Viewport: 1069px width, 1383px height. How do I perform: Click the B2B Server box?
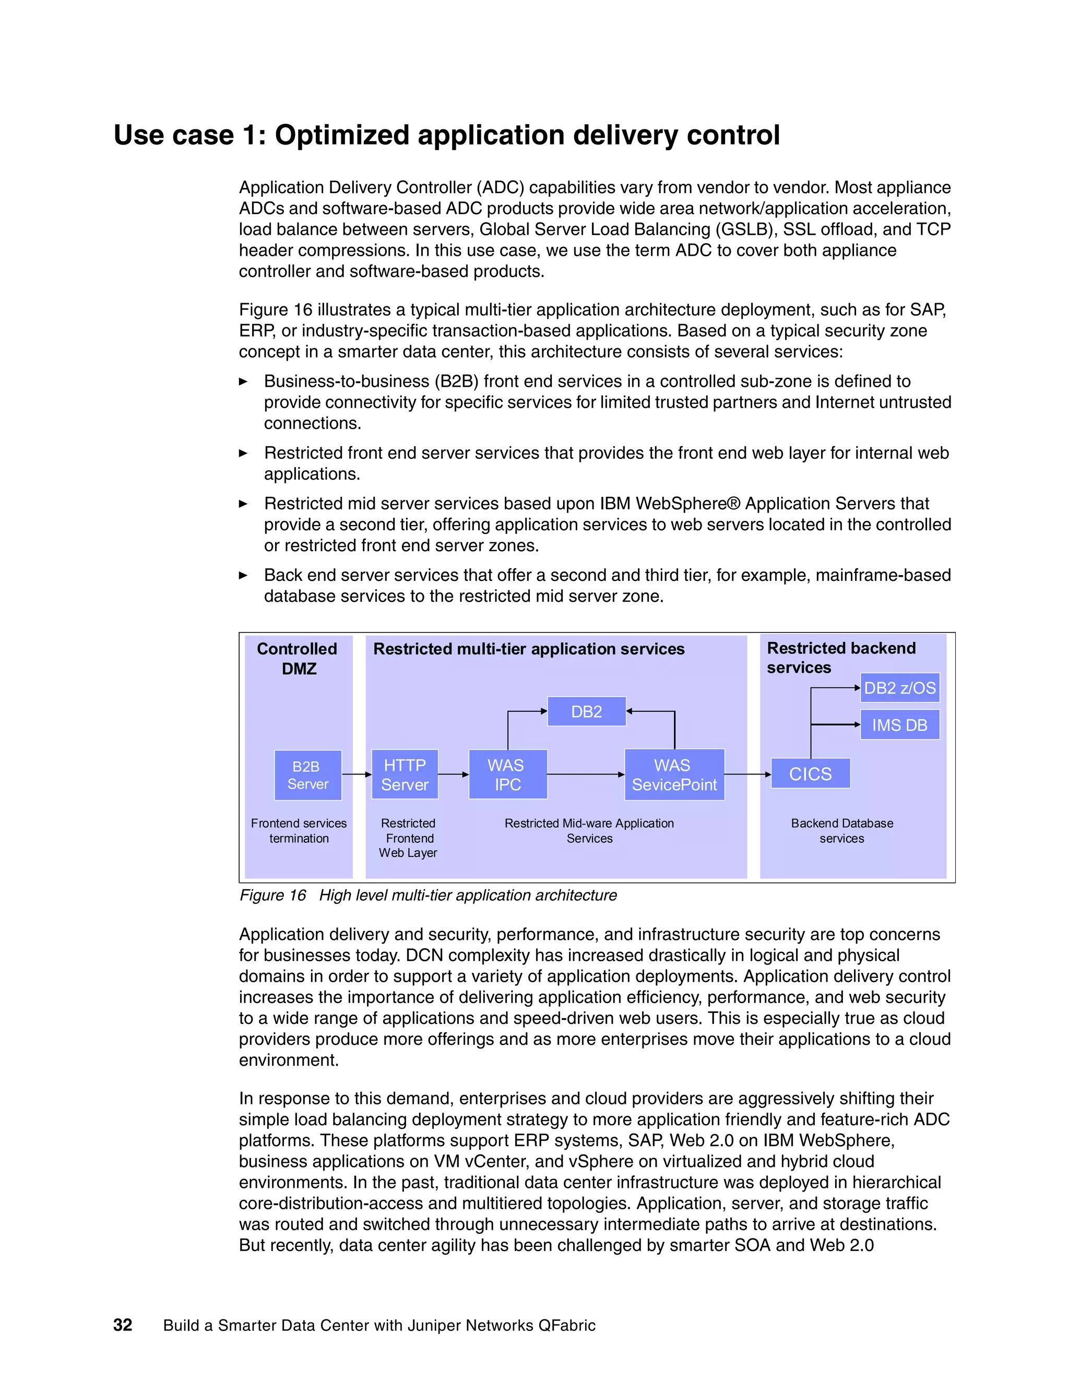tap(308, 775)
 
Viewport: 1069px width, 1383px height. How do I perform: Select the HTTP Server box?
tap(405, 775)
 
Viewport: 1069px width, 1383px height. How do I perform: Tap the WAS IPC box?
tap(507, 775)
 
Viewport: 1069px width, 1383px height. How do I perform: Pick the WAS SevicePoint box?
tap(674, 775)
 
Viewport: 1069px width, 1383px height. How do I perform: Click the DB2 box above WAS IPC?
tap(586, 712)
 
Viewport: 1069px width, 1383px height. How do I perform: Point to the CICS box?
tap(810, 774)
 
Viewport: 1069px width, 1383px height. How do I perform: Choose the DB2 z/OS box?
tap(899, 688)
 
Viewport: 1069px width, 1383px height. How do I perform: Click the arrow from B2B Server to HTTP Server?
tap(357, 774)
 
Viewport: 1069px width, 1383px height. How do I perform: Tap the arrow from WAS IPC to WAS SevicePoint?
tap(586, 774)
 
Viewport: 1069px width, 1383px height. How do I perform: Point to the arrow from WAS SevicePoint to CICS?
tap(747, 774)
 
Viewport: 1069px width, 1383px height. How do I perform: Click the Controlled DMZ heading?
tap(297, 659)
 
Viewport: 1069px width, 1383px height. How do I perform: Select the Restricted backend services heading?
tap(840, 657)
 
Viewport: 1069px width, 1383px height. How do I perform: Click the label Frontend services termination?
tap(299, 831)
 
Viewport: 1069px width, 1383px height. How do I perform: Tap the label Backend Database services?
tap(841, 831)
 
